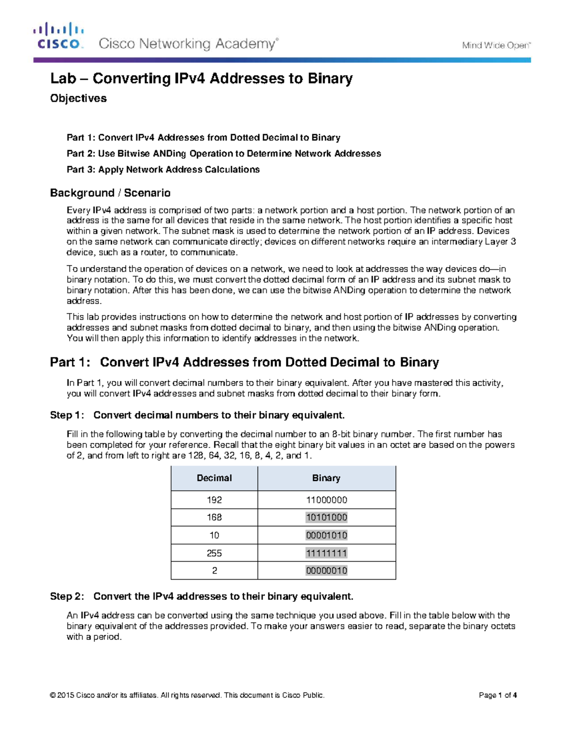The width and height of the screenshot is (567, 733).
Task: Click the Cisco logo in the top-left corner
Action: click(x=59, y=36)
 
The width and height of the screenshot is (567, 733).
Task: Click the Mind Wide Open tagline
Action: click(x=496, y=45)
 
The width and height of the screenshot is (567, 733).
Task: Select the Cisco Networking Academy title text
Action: click(x=188, y=44)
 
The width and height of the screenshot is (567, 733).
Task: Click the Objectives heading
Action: click(x=78, y=98)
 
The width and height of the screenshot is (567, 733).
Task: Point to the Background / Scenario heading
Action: click(x=110, y=193)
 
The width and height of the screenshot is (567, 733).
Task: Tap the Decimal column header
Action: click(x=214, y=478)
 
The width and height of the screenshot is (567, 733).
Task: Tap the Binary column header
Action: click(x=326, y=478)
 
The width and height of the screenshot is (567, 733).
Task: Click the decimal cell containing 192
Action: click(x=214, y=500)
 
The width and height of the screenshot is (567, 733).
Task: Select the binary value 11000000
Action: click(x=326, y=500)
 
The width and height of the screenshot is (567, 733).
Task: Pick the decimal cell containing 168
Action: click(x=214, y=517)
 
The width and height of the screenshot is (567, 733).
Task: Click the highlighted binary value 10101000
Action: click(x=326, y=517)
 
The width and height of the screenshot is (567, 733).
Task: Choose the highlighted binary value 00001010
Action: click(x=326, y=535)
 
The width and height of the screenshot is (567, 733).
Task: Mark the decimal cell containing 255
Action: click(x=214, y=553)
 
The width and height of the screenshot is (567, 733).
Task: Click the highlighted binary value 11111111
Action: click(x=326, y=553)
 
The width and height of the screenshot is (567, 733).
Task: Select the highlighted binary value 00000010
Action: click(x=326, y=571)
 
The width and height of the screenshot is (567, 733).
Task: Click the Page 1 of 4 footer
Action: click(x=498, y=695)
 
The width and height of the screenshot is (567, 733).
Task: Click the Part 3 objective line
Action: click(x=163, y=169)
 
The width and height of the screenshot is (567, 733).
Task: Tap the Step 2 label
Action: click(x=67, y=597)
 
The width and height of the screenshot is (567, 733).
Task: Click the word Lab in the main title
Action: click(x=63, y=78)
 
